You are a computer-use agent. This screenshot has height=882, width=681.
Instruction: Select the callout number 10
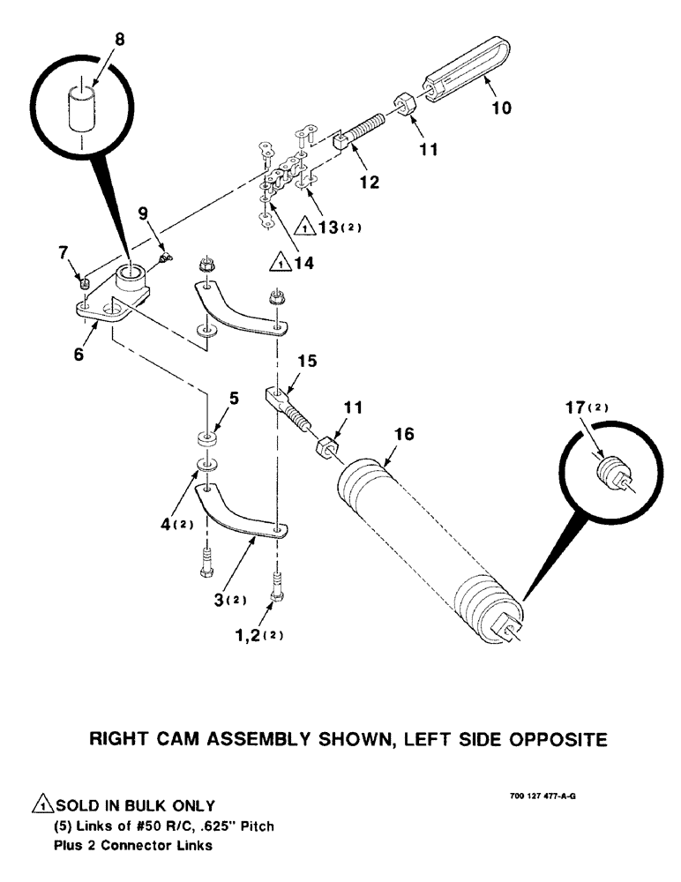501,108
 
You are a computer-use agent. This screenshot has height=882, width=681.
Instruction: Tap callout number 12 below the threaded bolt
369,182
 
